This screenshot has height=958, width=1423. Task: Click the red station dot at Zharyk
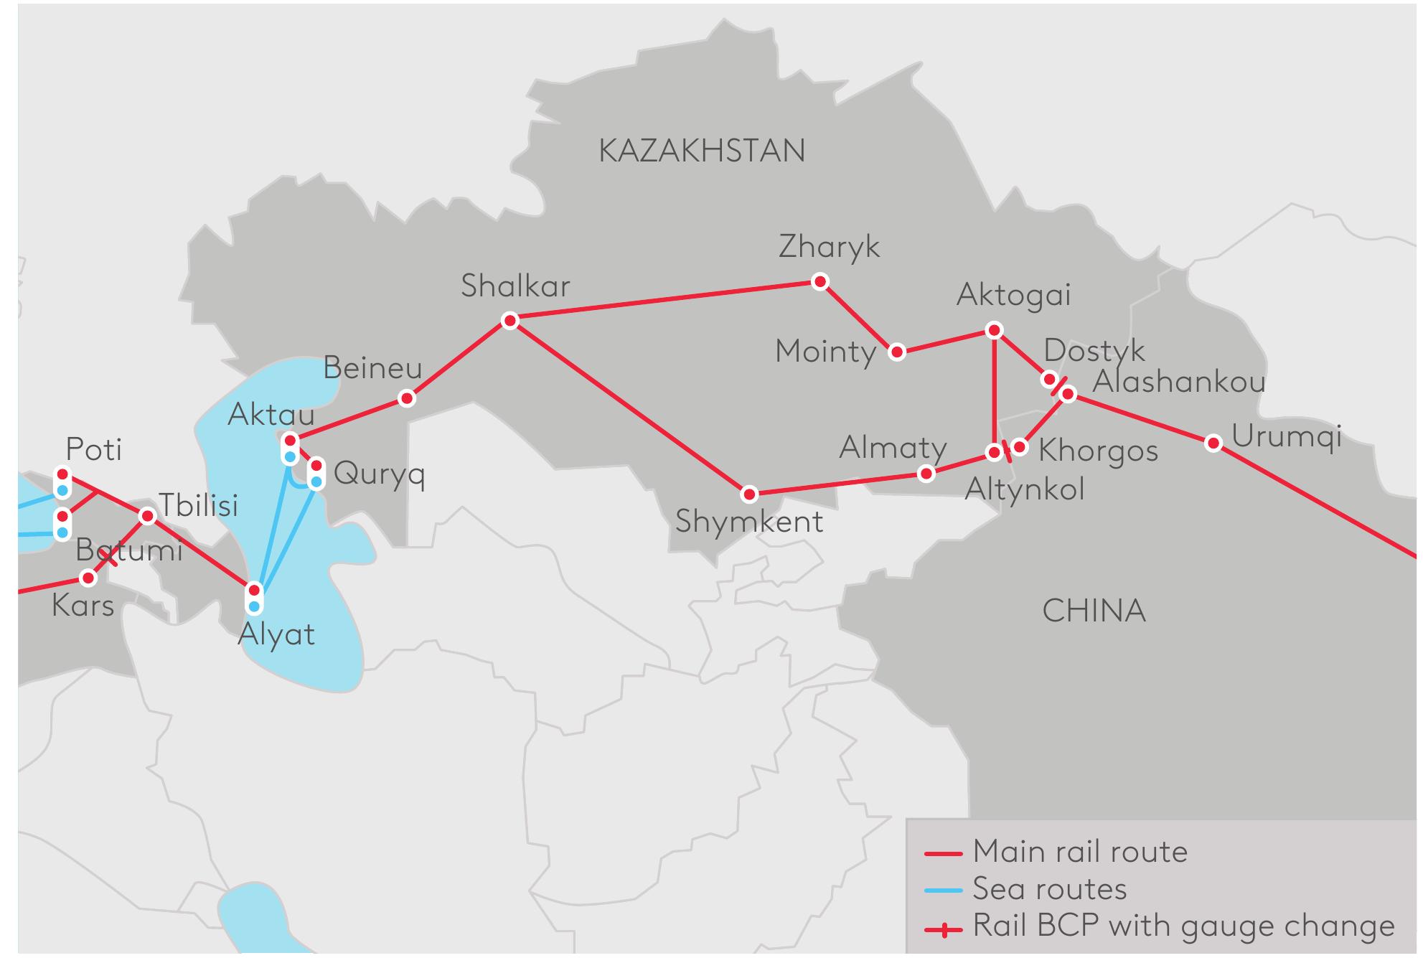pyautogui.click(x=819, y=281)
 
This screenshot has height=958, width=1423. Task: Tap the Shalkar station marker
pyautogui.click(x=509, y=320)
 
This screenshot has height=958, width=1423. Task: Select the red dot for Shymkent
pyautogui.click(x=749, y=494)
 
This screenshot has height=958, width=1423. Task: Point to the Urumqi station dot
pyautogui.click(x=1213, y=443)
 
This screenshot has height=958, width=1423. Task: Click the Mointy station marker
pyautogui.click(x=896, y=352)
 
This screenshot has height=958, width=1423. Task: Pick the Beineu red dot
pyautogui.click(x=407, y=398)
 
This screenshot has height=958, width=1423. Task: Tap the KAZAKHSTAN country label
pyautogui.click(x=701, y=151)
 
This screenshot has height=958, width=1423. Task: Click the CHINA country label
pyautogui.click(x=1094, y=611)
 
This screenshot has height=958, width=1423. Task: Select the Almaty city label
pyautogui.click(x=893, y=448)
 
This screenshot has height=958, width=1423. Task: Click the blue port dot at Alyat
pyautogui.click(x=254, y=606)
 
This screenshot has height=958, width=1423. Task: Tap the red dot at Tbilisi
pyautogui.click(x=147, y=516)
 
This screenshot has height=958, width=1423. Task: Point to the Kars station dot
pyautogui.click(x=88, y=577)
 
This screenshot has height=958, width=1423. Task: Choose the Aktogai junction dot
pyautogui.click(x=994, y=330)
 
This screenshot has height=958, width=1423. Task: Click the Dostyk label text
pyautogui.click(x=1094, y=350)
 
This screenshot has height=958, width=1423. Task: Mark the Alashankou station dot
pyautogui.click(x=1068, y=393)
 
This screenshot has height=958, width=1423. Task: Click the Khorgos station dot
pyautogui.click(x=1019, y=448)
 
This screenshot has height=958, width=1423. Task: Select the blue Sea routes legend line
pyautogui.click(x=943, y=891)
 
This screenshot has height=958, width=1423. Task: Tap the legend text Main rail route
pyautogui.click(x=1080, y=852)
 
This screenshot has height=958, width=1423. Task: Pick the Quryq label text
pyautogui.click(x=379, y=474)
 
